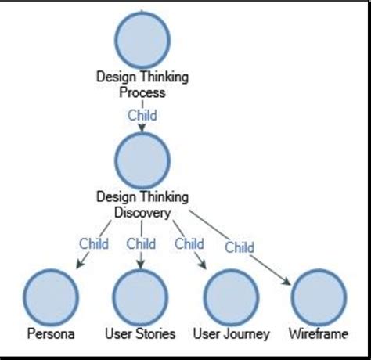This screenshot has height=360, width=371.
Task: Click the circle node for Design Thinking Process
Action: [142, 39]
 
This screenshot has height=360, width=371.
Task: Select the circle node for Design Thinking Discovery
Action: [142, 160]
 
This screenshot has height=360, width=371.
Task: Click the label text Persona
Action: [51, 334]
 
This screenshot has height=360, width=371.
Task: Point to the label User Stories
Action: [141, 334]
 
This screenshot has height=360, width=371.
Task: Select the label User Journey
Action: [231, 334]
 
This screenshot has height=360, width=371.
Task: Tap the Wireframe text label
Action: [319, 334]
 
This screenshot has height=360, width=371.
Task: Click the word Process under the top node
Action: [142, 92]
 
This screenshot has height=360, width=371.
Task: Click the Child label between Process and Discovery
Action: [142, 115]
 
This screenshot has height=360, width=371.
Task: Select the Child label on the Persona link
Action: [94, 243]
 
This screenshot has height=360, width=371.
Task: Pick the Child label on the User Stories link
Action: [142, 243]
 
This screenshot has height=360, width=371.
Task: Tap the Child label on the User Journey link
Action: [189, 243]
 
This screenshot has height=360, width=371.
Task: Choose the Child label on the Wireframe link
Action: [240, 247]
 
